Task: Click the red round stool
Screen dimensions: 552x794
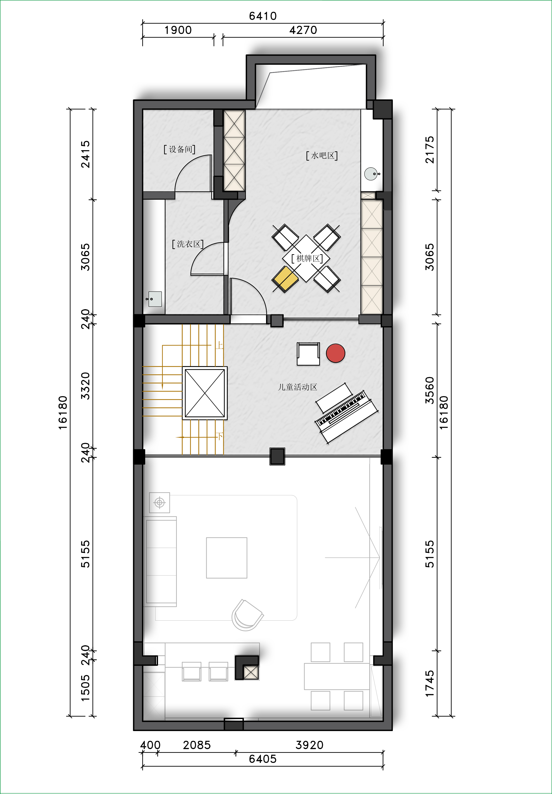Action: (x=336, y=353)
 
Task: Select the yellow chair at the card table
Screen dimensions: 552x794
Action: (x=285, y=279)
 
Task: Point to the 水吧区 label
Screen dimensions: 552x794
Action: (x=322, y=156)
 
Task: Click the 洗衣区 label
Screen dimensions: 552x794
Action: (x=188, y=244)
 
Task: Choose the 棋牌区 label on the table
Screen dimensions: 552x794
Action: (x=307, y=258)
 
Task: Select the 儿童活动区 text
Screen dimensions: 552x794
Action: (x=298, y=387)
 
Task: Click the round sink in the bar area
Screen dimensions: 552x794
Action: (x=371, y=174)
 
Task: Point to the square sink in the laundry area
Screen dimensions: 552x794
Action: (x=155, y=299)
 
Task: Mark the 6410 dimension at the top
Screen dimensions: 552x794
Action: (x=263, y=16)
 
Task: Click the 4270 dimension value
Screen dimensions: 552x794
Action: (x=303, y=30)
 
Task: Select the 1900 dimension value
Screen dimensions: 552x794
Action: (x=178, y=30)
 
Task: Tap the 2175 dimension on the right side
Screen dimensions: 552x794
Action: (x=430, y=150)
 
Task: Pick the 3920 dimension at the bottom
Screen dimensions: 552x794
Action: (x=309, y=745)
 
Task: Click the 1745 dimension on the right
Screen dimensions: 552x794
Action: (x=430, y=684)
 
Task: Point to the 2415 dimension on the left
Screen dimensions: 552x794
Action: (x=85, y=154)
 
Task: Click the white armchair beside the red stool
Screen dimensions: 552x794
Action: (x=308, y=354)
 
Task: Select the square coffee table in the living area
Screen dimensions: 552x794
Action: (x=227, y=557)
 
